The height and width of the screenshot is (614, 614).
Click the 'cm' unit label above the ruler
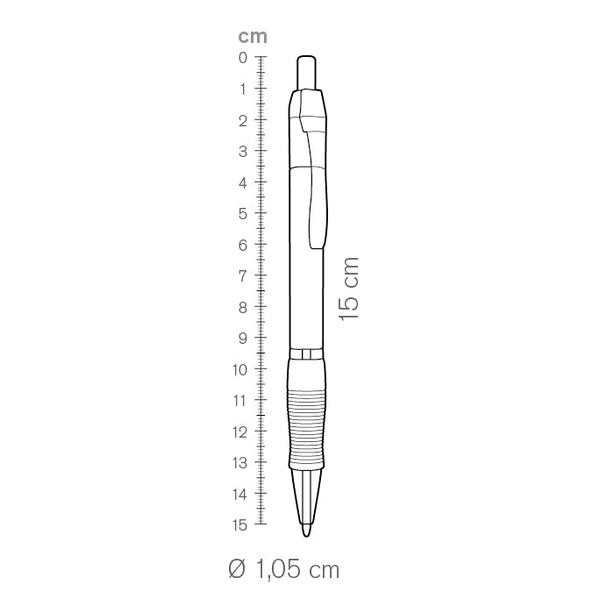[253, 37]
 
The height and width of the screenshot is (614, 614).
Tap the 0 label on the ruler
[243, 58]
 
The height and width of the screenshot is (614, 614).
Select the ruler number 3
[243, 151]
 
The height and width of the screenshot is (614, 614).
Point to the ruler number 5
[243, 214]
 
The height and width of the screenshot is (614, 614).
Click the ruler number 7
[243, 276]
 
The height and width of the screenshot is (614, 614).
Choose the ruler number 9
[243, 339]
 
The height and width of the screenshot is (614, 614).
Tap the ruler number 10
[240, 369]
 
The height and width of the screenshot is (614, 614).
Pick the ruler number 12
[240, 432]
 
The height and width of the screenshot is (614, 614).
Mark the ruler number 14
[240, 495]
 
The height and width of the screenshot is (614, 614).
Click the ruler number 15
[240, 525]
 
